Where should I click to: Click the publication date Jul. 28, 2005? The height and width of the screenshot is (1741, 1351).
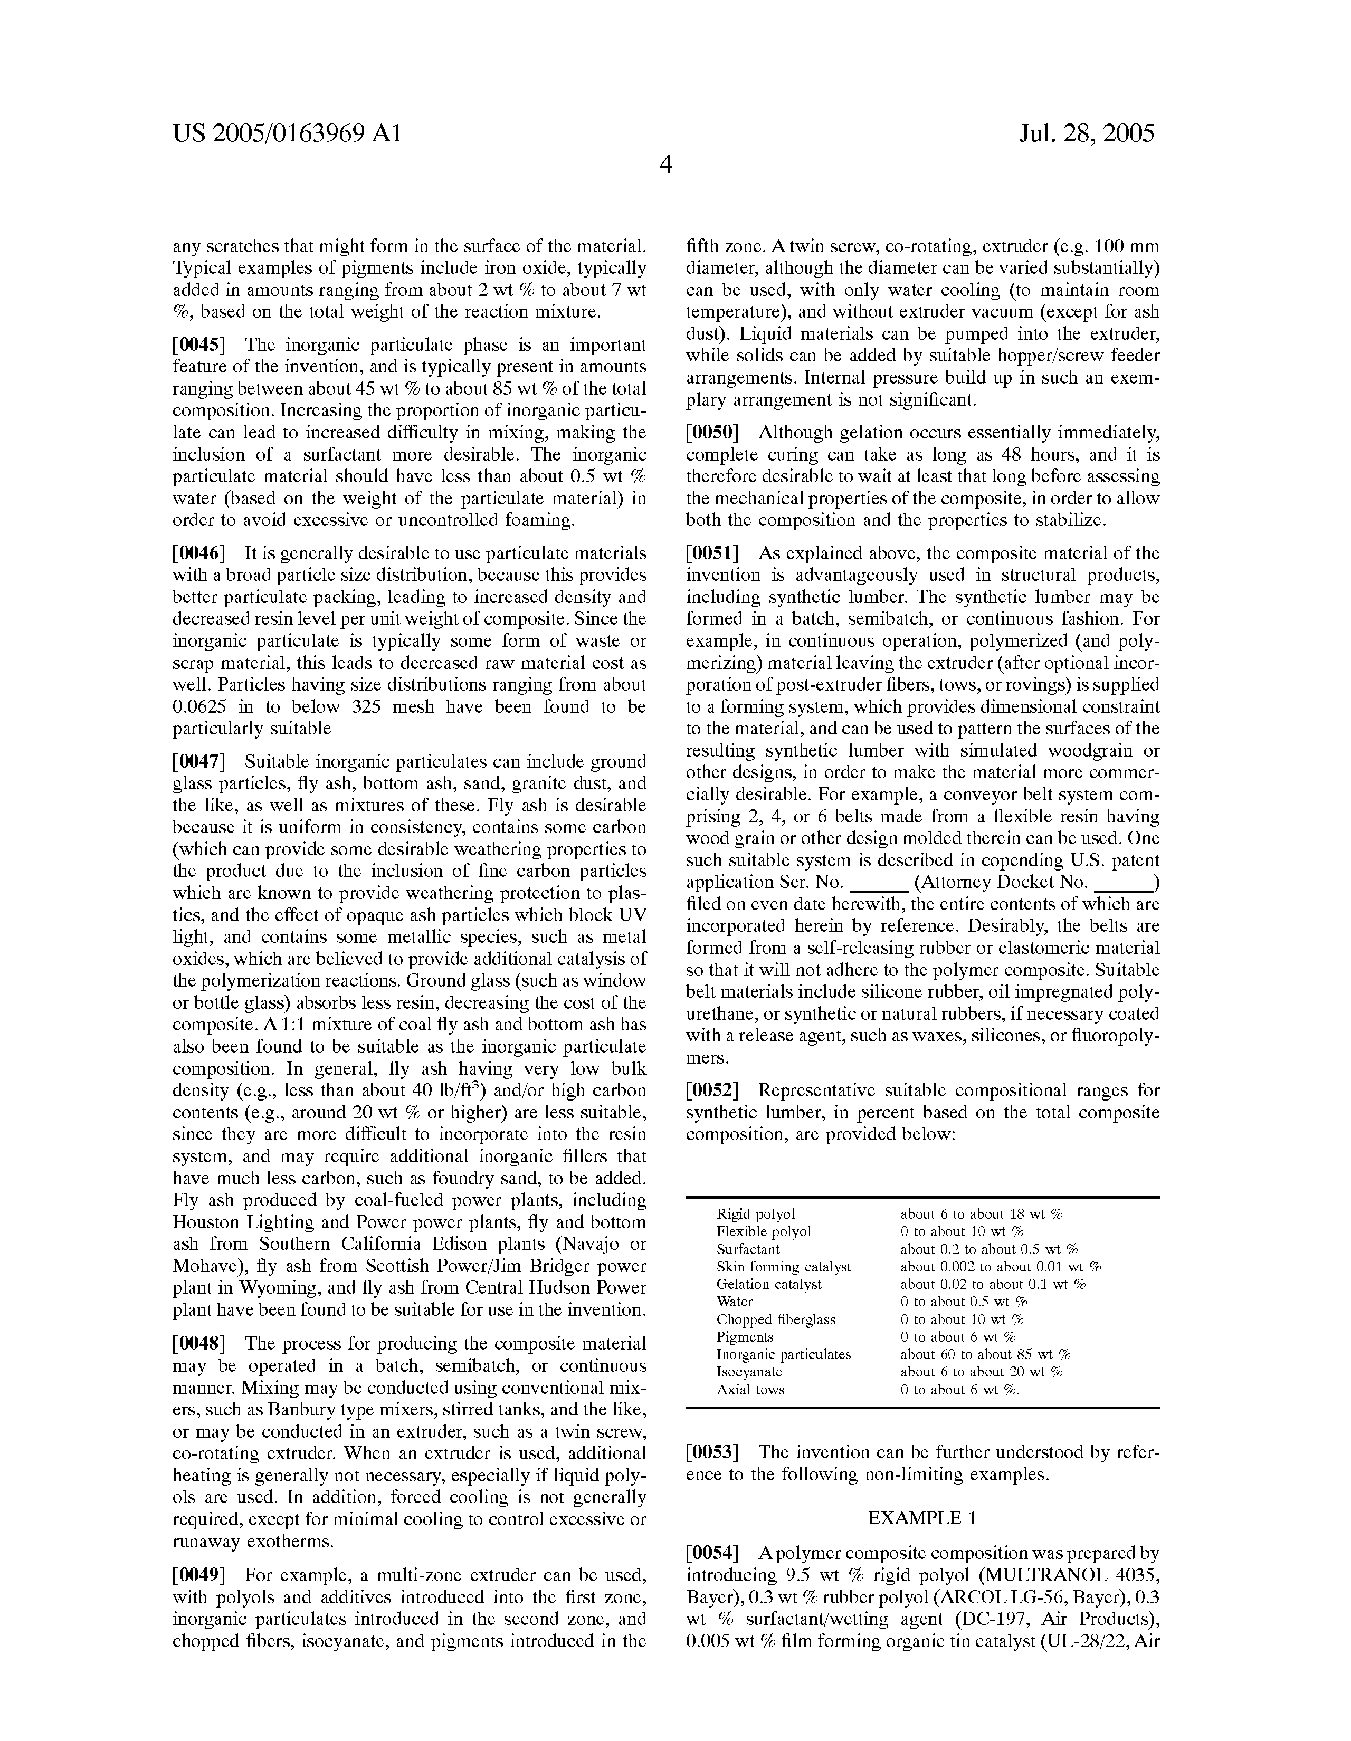coord(1086,133)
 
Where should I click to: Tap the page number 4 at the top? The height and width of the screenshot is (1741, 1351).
coord(666,165)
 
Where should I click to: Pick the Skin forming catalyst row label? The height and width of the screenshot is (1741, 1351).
coord(783,1267)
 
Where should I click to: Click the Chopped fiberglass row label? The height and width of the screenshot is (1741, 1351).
coord(776,1319)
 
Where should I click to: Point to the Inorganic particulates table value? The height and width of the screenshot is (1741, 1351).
coord(985,1354)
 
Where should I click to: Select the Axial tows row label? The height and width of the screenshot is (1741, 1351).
coord(750,1390)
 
